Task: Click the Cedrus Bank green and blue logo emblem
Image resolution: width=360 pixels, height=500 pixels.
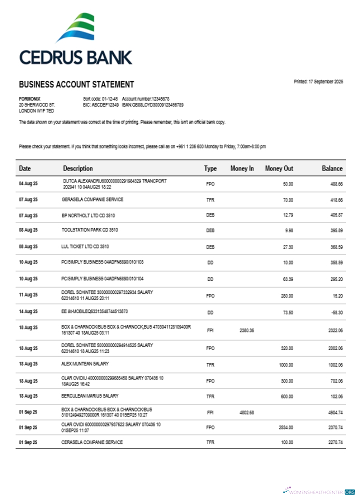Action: point(76,28)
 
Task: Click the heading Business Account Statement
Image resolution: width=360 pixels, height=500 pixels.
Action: point(76,84)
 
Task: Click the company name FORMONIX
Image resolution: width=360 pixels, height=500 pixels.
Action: point(29,99)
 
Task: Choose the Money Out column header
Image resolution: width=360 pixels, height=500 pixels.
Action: point(279,168)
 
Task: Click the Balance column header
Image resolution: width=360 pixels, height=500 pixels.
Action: point(332,168)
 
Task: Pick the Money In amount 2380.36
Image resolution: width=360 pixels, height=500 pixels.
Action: point(247,330)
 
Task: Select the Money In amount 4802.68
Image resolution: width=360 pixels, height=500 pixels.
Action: point(247,412)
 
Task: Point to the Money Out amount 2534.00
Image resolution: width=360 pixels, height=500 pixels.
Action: point(285,427)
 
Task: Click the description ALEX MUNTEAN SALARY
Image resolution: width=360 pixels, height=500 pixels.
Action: point(85,364)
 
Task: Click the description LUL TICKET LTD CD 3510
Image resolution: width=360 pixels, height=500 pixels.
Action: point(85,246)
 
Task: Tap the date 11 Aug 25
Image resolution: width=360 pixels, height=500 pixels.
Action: point(28,295)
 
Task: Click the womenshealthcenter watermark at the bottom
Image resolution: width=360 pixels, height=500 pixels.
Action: point(320,491)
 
